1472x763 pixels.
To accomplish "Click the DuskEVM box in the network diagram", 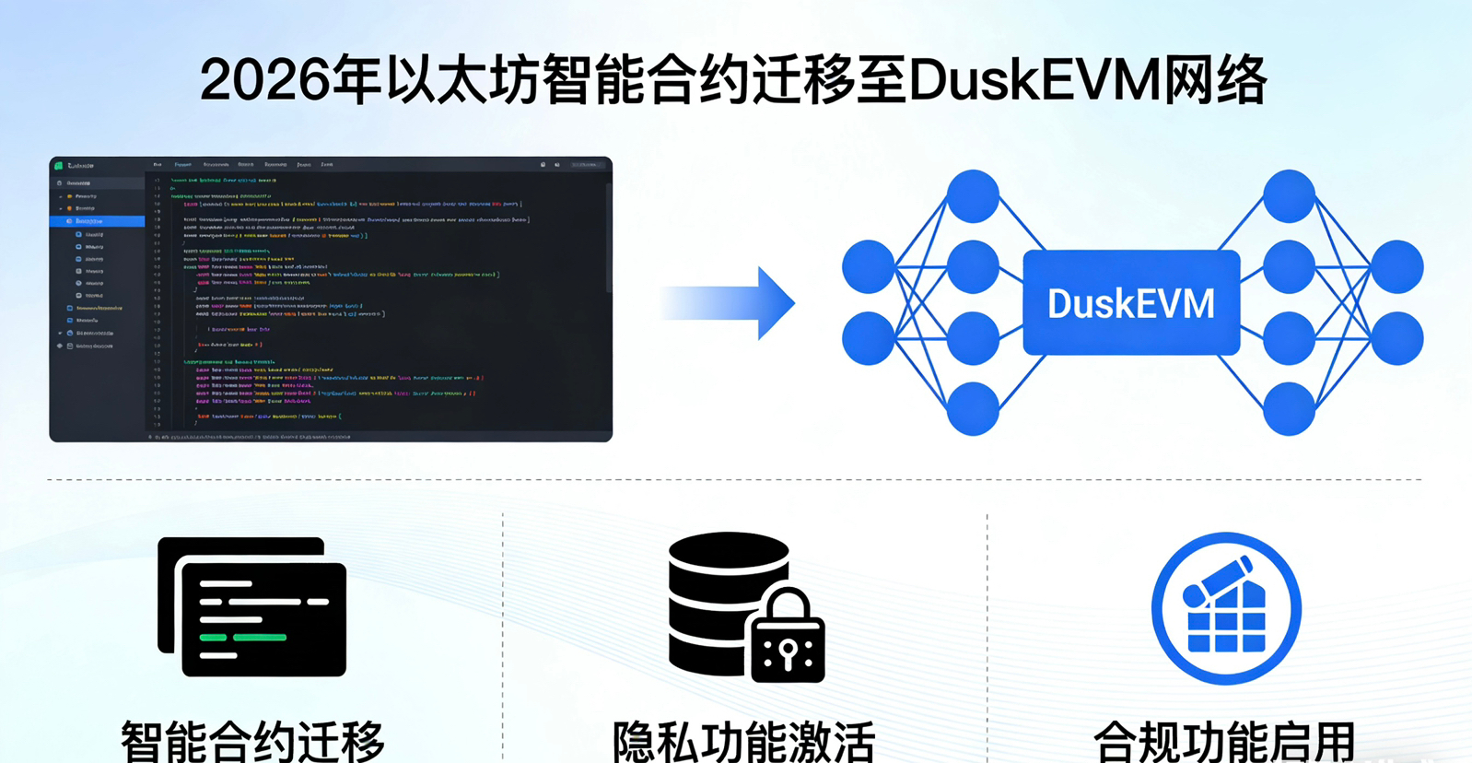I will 1131,303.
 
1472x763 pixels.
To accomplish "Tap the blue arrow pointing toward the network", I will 728,303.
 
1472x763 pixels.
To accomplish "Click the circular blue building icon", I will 1226,608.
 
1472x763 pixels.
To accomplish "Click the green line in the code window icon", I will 243,637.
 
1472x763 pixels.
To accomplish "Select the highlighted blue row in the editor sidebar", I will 97,221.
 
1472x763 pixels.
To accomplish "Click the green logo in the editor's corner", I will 59,166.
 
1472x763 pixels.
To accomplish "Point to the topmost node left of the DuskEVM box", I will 973,195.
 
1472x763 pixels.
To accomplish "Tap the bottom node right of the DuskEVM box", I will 1289,408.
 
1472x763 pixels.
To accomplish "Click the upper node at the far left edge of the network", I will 868,266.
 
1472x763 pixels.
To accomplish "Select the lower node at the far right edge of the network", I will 1397,338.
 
